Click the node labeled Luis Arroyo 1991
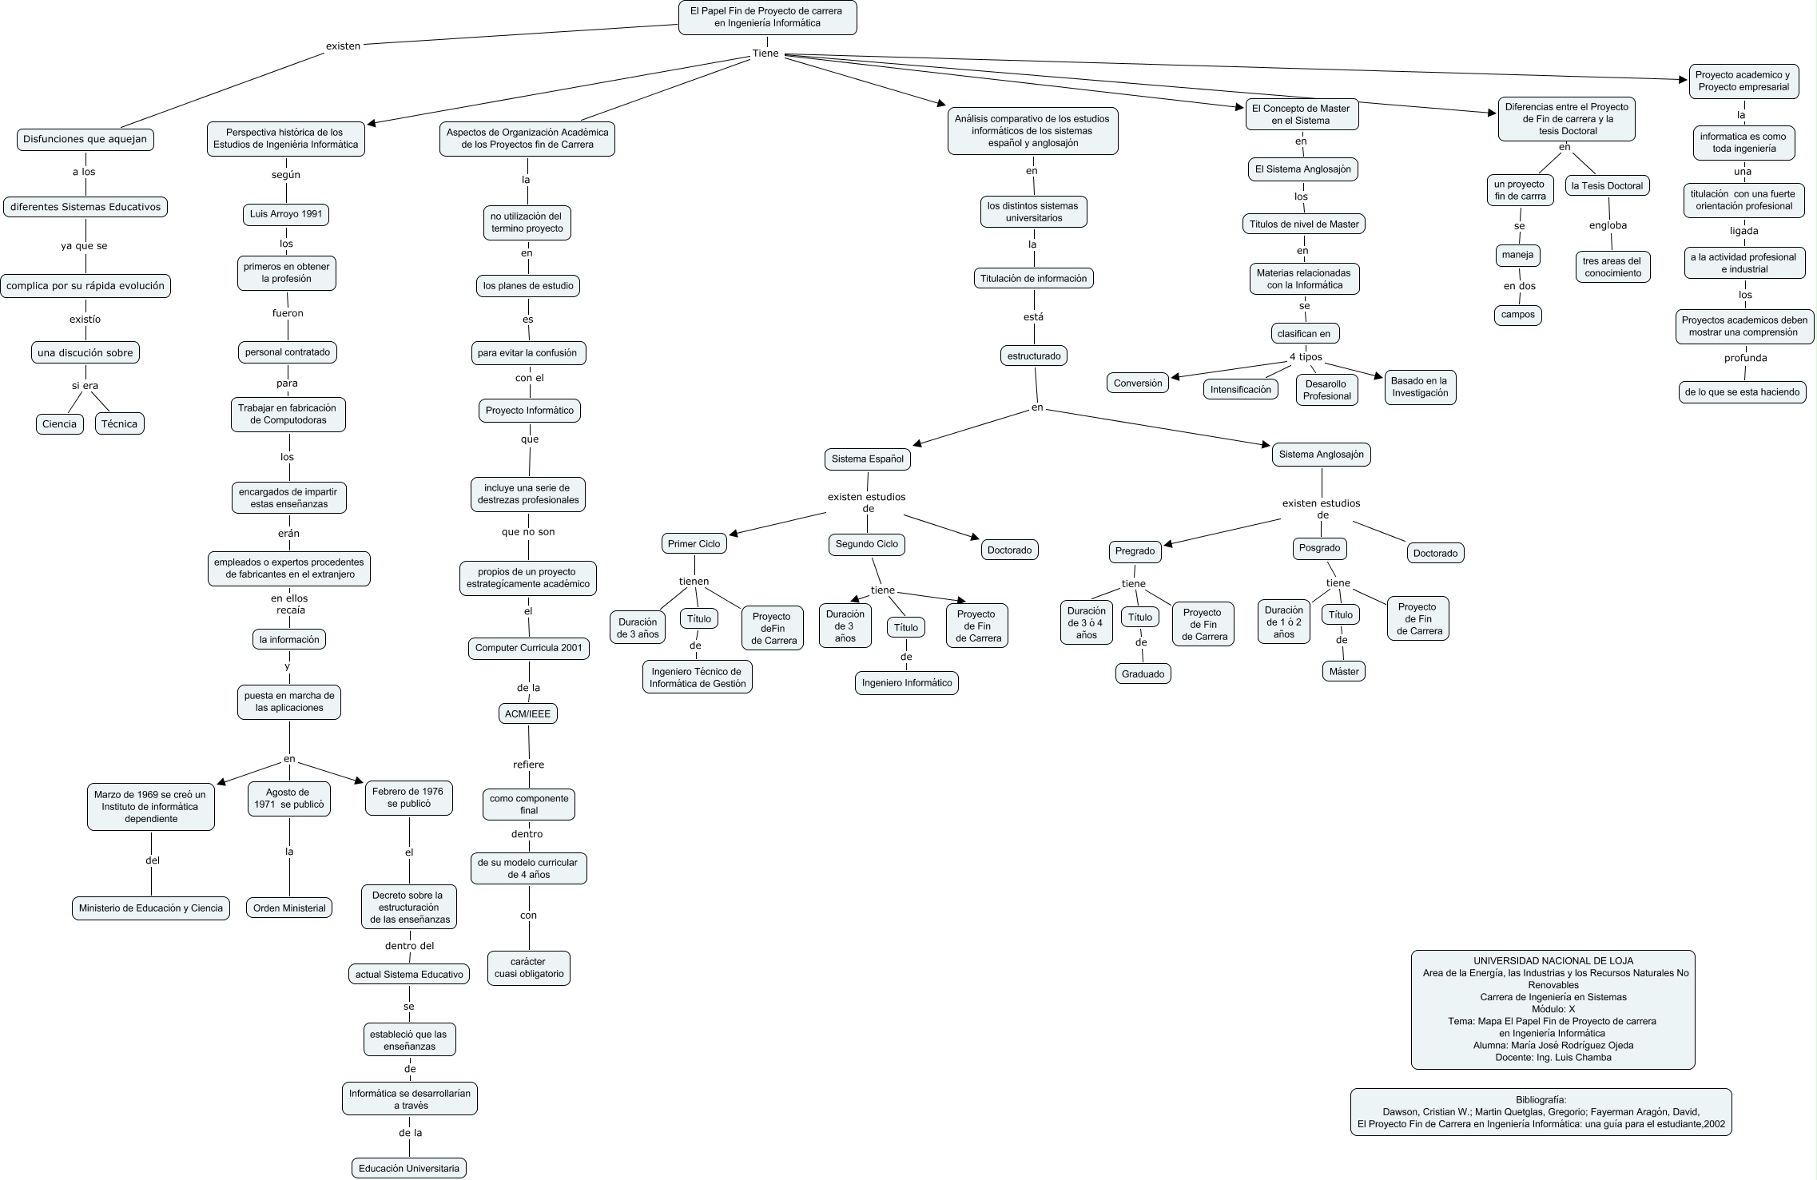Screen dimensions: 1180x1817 point(286,214)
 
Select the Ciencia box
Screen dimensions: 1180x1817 point(59,423)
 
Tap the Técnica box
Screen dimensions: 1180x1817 point(119,423)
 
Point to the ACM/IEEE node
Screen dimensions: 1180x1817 point(527,713)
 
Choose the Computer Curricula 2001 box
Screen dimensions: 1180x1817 point(528,647)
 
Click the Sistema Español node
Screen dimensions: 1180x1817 point(867,459)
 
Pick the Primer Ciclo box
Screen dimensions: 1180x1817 point(694,543)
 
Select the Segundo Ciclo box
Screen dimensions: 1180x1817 point(866,543)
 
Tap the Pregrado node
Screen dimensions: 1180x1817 point(1135,550)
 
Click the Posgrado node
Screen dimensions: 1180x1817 point(1319,548)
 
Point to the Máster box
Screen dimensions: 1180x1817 point(1344,671)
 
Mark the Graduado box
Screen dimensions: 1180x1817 point(1143,673)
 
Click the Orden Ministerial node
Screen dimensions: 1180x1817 point(289,908)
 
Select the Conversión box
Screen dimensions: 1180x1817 point(1137,383)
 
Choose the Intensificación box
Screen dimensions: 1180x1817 point(1240,389)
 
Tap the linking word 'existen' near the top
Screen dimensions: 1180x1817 point(343,46)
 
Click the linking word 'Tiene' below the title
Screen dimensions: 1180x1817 point(765,54)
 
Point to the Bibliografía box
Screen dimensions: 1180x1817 point(1541,1111)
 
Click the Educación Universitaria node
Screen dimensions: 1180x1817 point(409,1168)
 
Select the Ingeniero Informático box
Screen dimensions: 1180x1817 point(906,682)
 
